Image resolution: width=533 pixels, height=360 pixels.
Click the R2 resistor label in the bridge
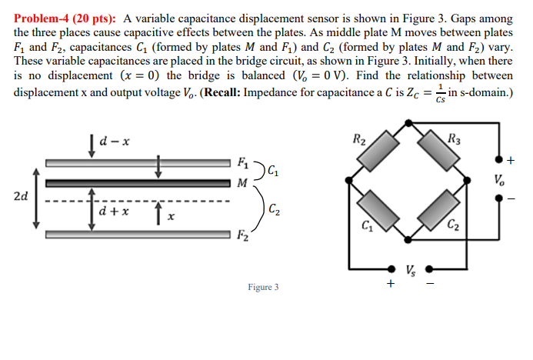(359, 140)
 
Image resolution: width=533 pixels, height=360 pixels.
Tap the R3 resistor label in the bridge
(453, 140)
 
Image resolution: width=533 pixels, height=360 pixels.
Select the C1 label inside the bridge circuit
(368, 226)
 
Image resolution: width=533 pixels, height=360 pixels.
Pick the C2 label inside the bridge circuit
(453, 226)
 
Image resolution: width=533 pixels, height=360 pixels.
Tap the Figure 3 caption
(263, 288)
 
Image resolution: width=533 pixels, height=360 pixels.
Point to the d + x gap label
(114, 210)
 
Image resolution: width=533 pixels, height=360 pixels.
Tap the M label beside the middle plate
(243, 183)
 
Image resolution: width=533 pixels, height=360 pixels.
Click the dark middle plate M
(138, 183)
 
